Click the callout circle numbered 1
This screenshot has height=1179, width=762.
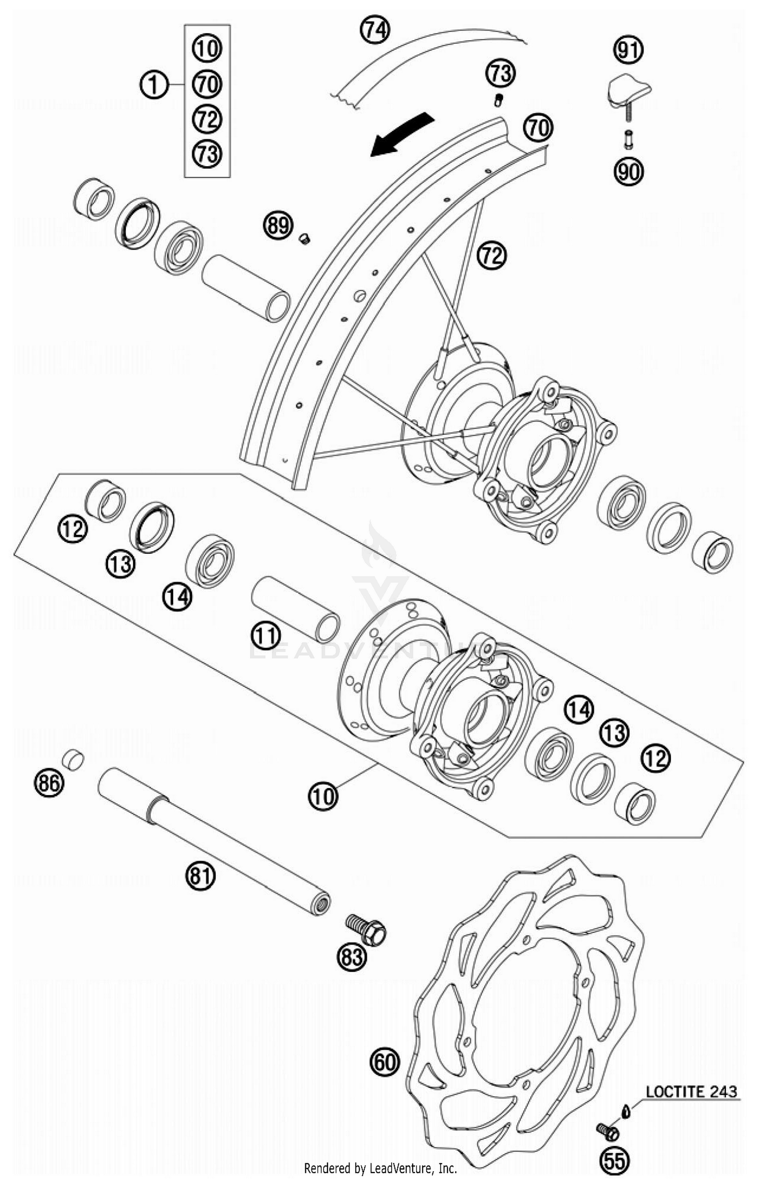pos(154,85)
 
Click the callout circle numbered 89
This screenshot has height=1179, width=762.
pos(278,225)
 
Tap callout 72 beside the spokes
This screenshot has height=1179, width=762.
pos(491,255)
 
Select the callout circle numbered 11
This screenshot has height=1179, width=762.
pos(266,635)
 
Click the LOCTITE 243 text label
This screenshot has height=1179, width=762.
pos(691,1091)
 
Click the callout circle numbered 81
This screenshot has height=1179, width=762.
pos(200,876)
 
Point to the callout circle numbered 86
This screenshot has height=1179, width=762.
pos(49,782)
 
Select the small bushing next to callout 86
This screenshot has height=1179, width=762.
pos(73,760)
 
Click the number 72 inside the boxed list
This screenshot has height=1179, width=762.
pos(207,119)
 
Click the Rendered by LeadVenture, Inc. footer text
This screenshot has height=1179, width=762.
pos(380,1168)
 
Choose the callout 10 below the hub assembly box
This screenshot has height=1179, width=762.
pos(323,796)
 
